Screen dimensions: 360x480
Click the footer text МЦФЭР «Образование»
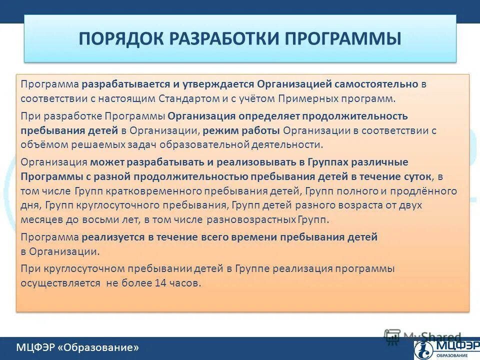coord(77,347)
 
